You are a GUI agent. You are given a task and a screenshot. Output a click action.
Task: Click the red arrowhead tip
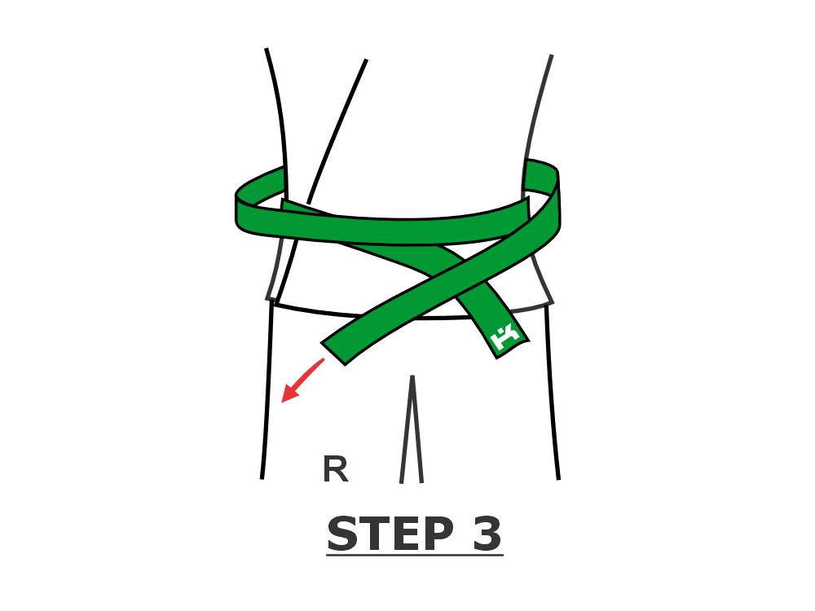[x=282, y=402]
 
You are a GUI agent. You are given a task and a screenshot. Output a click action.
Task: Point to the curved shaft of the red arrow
[x=306, y=375]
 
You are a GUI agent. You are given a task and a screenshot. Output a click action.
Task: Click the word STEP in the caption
[x=390, y=534]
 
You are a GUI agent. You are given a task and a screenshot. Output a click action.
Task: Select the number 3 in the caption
[x=487, y=534]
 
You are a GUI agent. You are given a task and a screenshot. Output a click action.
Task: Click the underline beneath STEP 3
[x=415, y=556]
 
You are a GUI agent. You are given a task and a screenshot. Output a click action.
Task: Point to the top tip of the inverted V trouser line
[x=412, y=376]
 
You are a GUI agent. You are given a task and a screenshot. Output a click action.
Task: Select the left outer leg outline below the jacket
[x=267, y=389]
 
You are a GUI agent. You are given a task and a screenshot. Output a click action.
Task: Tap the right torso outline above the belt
[x=536, y=107]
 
